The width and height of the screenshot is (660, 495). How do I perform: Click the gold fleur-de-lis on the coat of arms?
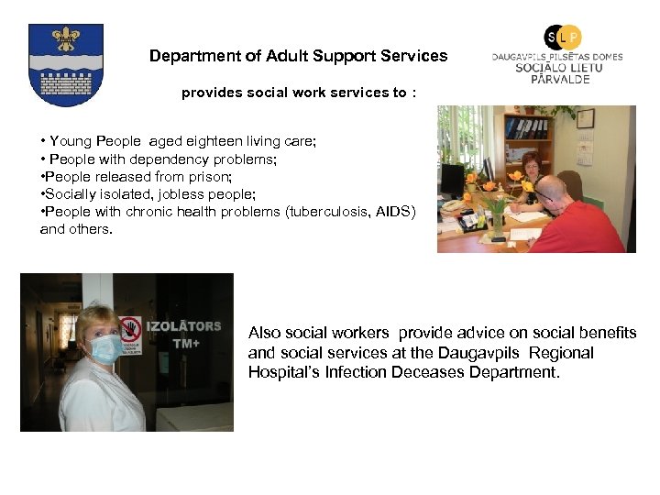point(65,39)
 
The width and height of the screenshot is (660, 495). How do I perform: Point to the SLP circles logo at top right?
point(562,37)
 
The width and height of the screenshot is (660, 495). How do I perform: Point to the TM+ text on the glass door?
point(186,345)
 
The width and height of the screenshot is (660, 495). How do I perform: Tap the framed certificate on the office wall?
point(585,118)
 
